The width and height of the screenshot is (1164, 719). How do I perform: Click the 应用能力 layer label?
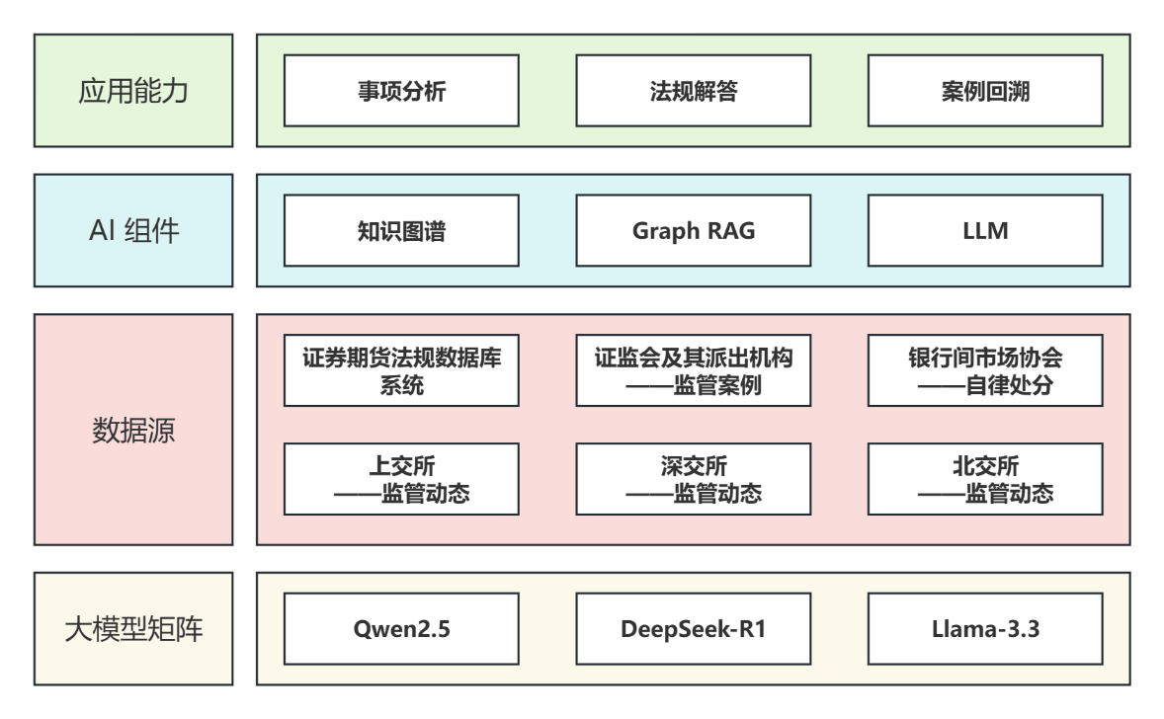click(133, 92)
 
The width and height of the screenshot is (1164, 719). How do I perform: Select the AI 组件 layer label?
click(133, 231)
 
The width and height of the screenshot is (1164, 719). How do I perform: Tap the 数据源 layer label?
click(133, 431)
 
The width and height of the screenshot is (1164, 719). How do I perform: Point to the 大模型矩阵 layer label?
click(133, 629)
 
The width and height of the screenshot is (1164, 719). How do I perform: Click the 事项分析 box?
click(401, 91)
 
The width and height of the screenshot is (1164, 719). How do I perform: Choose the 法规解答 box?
click(693, 91)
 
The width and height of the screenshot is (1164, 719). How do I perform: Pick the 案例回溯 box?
click(985, 91)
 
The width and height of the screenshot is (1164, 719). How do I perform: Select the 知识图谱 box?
click(401, 231)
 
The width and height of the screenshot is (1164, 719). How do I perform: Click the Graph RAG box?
click(693, 231)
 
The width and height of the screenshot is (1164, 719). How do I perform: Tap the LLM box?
click(985, 231)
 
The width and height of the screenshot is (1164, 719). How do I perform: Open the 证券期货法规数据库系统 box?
click(401, 370)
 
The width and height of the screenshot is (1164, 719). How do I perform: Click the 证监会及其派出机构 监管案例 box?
click(693, 370)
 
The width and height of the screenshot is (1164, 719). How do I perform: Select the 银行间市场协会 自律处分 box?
click(985, 370)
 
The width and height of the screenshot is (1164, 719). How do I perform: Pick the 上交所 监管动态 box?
click(401, 479)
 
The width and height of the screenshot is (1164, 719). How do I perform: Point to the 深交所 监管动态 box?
click(693, 479)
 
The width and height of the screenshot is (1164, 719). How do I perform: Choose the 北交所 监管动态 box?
click(985, 479)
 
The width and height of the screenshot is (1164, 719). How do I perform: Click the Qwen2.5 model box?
click(401, 628)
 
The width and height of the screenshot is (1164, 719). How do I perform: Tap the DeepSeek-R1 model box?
click(693, 628)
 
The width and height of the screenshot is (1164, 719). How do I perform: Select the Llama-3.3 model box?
click(985, 628)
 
